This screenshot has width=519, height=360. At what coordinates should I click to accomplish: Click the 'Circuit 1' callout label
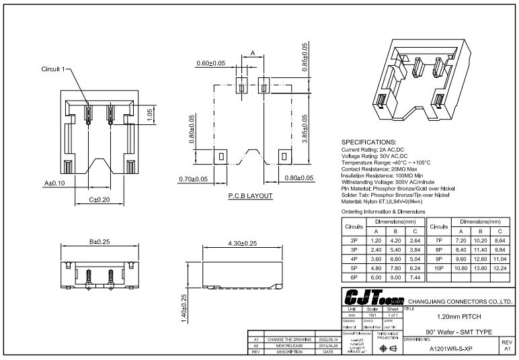54,70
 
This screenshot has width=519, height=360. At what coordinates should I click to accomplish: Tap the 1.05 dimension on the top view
149,113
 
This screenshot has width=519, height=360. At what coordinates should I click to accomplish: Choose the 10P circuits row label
438,267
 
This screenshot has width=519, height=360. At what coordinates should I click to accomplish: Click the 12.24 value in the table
500,267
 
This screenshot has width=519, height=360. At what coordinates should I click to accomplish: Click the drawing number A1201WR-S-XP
450,348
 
